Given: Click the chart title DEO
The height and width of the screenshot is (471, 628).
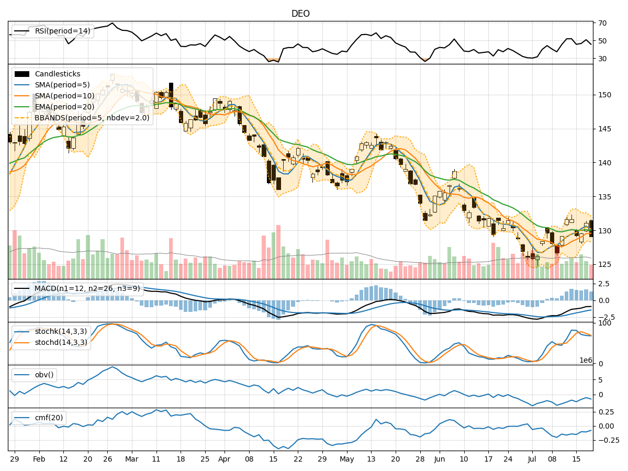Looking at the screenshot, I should pyautogui.click(x=300, y=14).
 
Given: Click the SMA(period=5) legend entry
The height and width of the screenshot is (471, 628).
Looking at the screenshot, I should pyautogui.click(x=62, y=85).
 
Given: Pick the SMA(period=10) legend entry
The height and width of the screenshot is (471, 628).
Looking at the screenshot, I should pyautogui.click(x=64, y=96).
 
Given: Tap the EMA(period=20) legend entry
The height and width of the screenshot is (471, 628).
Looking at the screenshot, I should pyautogui.click(x=64, y=107).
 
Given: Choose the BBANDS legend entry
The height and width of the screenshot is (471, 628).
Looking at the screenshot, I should pyautogui.click(x=92, y=118).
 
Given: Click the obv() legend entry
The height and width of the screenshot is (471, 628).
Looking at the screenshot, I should pyautogui.click(x=44, y=375).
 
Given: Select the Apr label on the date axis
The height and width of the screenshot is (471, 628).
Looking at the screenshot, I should pyautogui.click(x=224, y=459).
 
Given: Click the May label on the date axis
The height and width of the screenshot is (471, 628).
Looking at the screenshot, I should pyautogui.click(x=347, y=459).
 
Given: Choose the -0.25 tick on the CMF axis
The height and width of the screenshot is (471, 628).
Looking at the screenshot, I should pyautogui.click(x=608, y=440).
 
